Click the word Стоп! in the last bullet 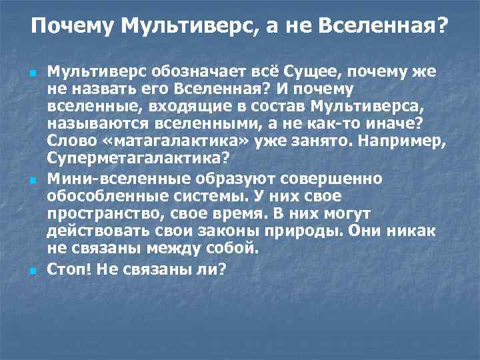coord(67,269)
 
